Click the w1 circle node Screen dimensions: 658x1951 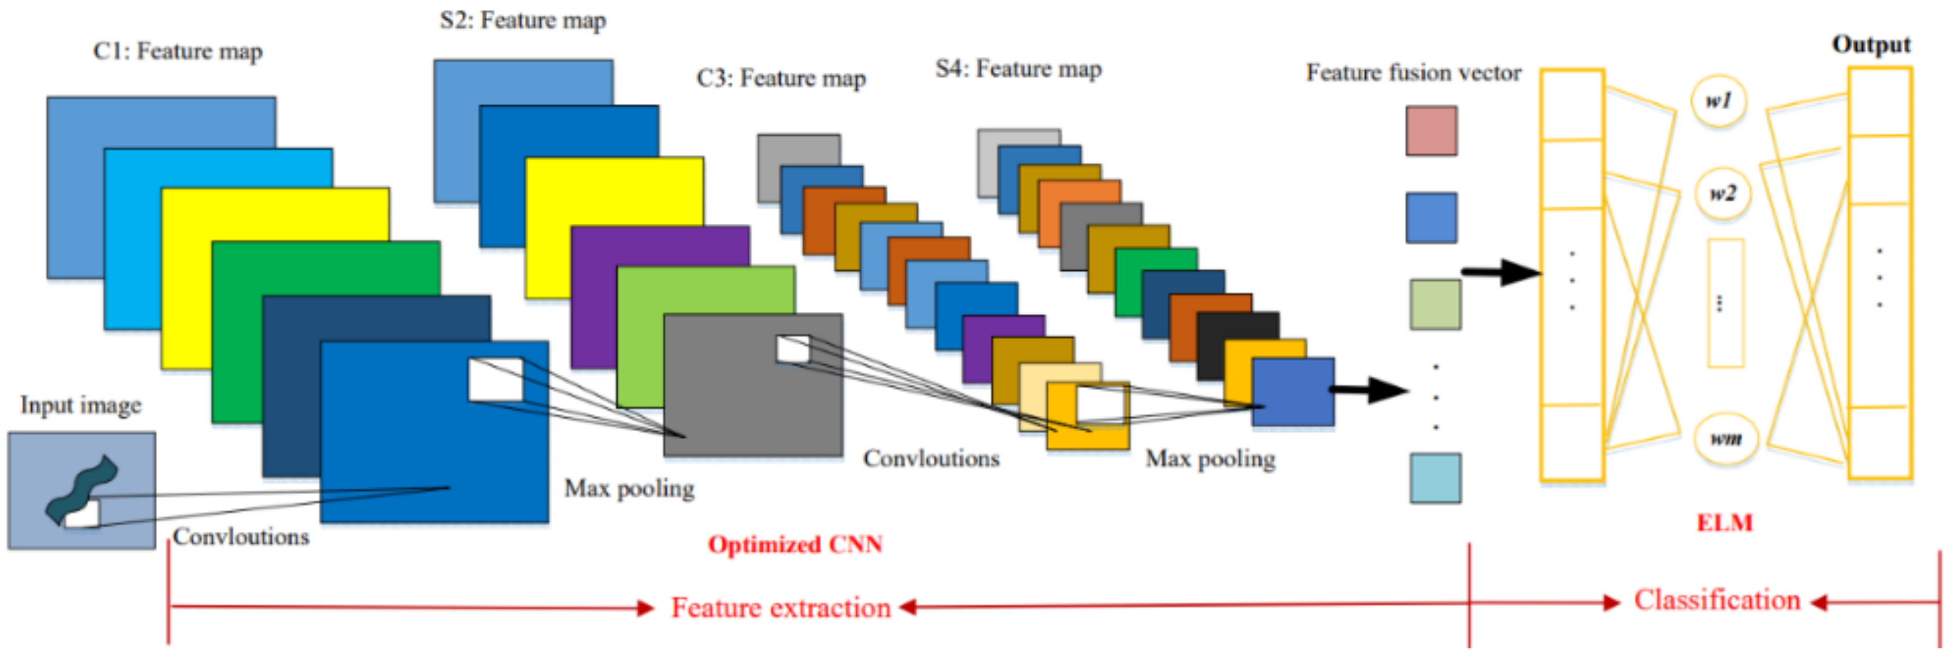pyautogui.click(x=1718, y=101)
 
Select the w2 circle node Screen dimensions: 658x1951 pyautogui.click(x=1723, y=194)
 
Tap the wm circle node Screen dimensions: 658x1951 pyautogui.click(x=1726, y=438)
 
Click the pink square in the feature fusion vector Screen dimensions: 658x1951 pyautogui.click(x=1431, y=131)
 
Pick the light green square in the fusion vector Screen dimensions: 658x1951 pyautogui.click(x=1434, y=305)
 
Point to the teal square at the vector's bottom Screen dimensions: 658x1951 pyautogui.click(x=1434, y=478)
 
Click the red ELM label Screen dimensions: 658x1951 pyautogui.click(x=1724, y=523)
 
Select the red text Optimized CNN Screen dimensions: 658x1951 pyautogui.click(x=795, y=545)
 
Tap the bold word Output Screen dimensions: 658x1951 pyautogui.click(x=1870, y=45)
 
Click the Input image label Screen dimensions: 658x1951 pyautogui.click(x=80, y=405)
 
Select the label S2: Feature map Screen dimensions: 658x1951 pyautogui.click(x=523, y=20)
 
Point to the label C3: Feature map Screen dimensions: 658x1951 pyautogui.click(x=781, y=78)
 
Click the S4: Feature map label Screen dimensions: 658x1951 pyautogui.click(x=1018, y=69)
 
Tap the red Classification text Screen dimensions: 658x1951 pyautogui.click(x=1716, y=600)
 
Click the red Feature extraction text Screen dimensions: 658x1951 pyautogui.click(x=780, y=608)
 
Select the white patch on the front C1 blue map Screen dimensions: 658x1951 pyautogui.click(x=495, y=380)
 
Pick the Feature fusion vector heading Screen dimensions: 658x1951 pyautogui.click(x=1413, y=73)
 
